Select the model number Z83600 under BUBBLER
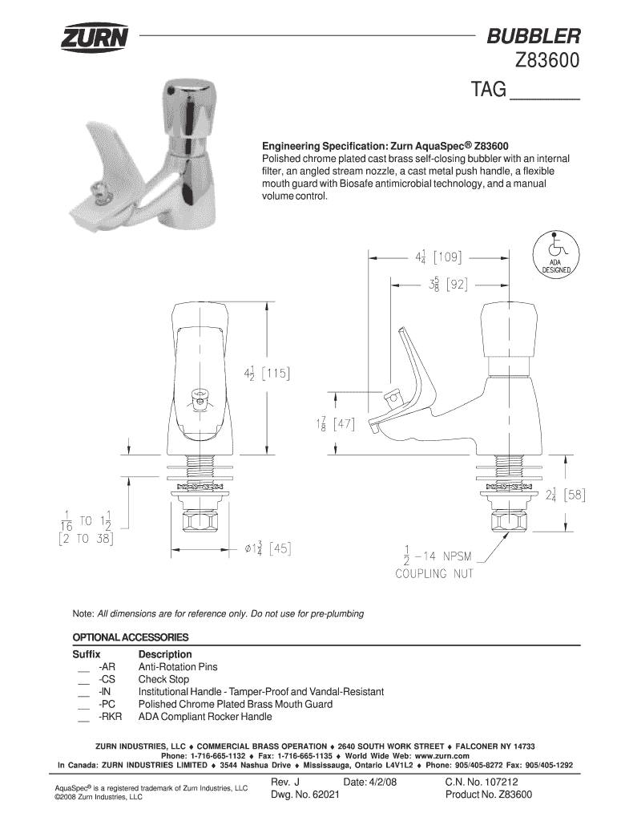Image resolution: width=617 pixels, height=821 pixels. [542, 62]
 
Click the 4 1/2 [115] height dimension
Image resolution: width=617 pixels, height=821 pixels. [266, 374]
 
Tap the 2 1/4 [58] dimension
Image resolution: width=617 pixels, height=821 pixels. [564, 495]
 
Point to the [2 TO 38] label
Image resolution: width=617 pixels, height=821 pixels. [86, 540]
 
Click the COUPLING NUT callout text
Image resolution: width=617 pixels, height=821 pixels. [434, 573]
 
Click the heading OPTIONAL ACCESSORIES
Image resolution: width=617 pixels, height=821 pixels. [131, 637]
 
